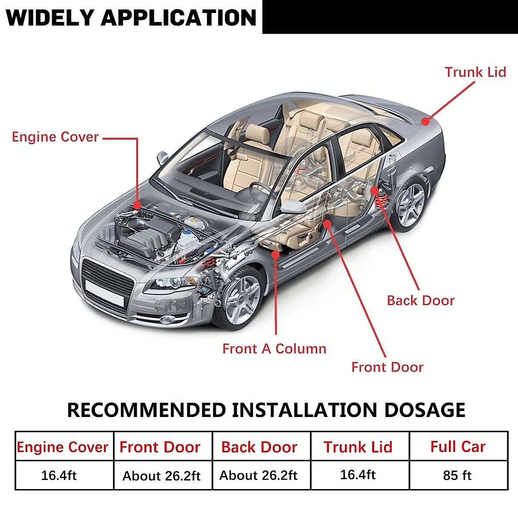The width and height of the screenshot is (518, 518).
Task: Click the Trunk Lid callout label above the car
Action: point(475,72)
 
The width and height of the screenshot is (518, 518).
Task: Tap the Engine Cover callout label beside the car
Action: point(55,137)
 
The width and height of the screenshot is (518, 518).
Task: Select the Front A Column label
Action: point(274,349)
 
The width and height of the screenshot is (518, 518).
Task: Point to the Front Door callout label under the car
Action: point(387,367)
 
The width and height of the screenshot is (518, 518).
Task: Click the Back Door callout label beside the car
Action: point(420,301)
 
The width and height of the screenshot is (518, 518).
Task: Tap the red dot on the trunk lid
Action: point(426,121)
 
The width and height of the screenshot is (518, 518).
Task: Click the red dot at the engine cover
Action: point(137,205)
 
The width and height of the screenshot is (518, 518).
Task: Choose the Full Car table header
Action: point(458,447)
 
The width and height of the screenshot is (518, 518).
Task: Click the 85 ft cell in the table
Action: point(457,476)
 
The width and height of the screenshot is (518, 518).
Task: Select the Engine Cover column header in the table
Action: point(63,447)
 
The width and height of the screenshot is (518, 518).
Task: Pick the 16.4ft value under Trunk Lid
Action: point(358,475)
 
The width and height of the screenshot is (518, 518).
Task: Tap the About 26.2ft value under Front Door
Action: point(162,476)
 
